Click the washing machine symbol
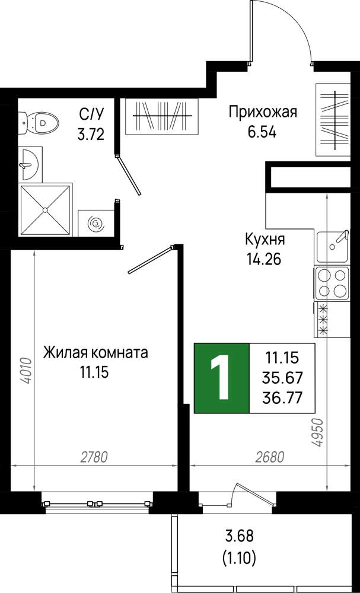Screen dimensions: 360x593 95,223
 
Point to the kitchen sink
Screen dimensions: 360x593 333,246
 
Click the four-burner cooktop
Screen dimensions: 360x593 333,283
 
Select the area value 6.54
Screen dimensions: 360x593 262,133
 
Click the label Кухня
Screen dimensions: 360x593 265,240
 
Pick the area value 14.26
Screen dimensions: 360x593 264,260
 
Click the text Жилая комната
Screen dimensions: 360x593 95,353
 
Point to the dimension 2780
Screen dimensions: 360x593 94,457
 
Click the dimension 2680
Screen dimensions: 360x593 269,457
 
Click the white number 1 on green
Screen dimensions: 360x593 220,377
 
